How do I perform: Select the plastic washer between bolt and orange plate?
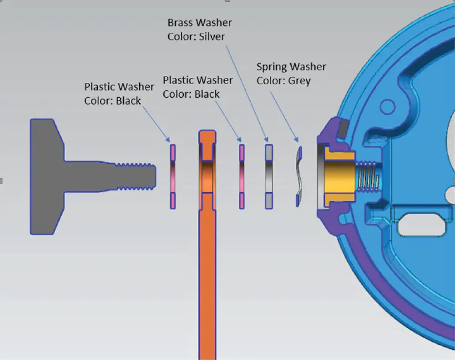pyautogui.click(x=173, y=176)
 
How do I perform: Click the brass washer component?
pyautogui.click(x=269, y=176)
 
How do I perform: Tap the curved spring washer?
pyautogui.click(x=298, y=176)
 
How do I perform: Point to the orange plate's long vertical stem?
pyautogui.click(x=207, y=282)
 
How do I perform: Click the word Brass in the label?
pyautogui.click(x=181, y=23)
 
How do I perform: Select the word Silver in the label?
pyautogui.click(x=212, y=36)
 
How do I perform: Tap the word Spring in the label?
pyautogui.click(x=272, y=67)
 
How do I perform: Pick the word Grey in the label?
pyautogui.click(x=299, y=81)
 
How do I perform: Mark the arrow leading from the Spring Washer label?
pyautogui.click(x=284, y=116)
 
